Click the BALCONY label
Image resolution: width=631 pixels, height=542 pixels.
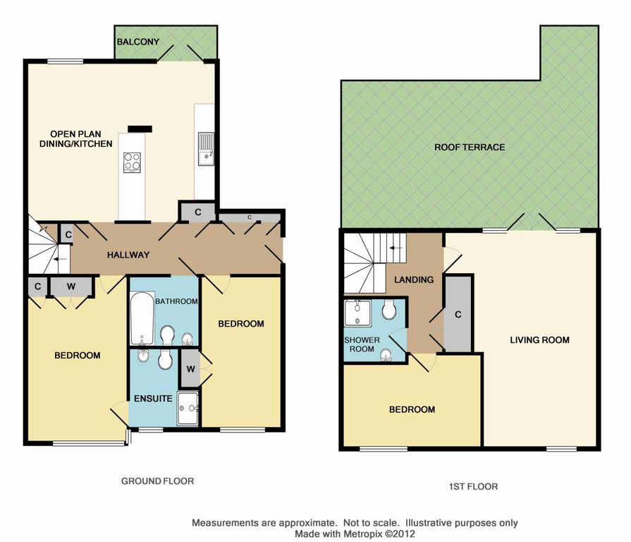138,42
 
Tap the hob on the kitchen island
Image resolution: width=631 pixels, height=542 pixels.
132,162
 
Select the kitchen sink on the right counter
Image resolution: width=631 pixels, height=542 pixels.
206,149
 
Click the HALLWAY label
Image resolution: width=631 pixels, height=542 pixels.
128,255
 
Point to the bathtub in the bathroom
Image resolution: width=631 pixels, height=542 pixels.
142,318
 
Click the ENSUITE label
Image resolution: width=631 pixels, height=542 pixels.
153,399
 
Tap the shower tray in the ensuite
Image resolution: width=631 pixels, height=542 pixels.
188,408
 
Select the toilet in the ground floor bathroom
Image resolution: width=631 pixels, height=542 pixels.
167,335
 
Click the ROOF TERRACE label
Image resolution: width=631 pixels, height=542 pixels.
470,147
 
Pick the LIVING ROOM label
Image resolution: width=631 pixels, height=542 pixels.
539,340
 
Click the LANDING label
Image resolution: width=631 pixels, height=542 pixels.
414,280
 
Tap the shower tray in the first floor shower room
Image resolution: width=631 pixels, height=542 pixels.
357,313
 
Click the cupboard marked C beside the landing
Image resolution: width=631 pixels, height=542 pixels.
458,314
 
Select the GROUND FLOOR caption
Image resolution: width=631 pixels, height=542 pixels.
157,481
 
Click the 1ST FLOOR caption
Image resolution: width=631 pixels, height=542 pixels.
473,487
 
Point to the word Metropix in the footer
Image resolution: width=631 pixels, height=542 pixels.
362,534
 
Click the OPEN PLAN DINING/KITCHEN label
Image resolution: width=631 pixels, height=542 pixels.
75,139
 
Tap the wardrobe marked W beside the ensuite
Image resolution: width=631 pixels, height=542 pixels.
190,368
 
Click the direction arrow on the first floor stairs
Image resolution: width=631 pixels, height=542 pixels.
396,248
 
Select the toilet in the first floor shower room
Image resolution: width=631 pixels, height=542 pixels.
388,309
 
